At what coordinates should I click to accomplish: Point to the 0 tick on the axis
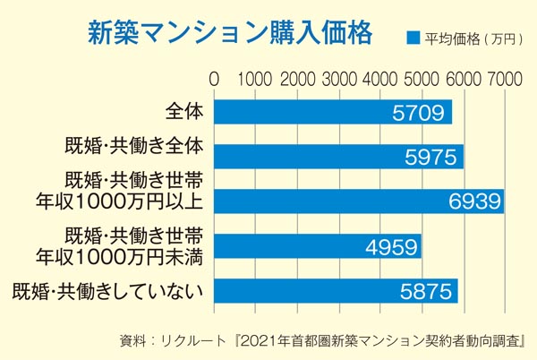coord(214,79)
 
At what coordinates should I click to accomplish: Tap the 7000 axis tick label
coord(504,79)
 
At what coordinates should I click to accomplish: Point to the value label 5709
coord(421,112)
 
